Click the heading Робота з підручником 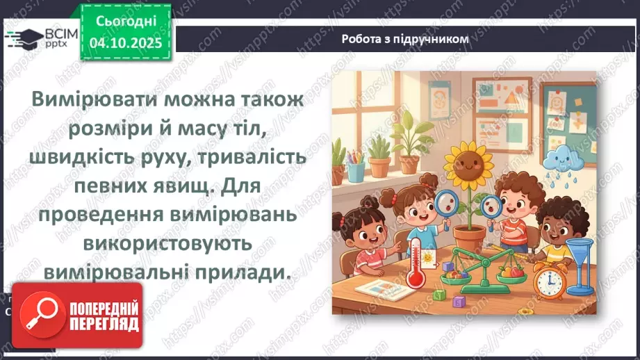point(405,39)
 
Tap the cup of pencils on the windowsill point(355,170)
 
